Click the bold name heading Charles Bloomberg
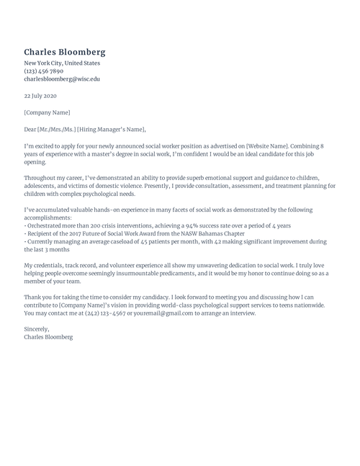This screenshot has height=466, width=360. pyautogui.click(x=65, y=52)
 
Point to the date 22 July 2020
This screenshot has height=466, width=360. pyautogui.click(x=40, y=96)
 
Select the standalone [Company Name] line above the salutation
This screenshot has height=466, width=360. pyautogui.click(x=48, y=112)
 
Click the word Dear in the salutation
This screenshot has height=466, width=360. pyautogui.click(x=30, y=130)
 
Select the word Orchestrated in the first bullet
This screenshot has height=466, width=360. pyautogui.click(x=45, y=225)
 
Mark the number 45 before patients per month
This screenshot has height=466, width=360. pyautogui.click(x=143, y=242)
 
